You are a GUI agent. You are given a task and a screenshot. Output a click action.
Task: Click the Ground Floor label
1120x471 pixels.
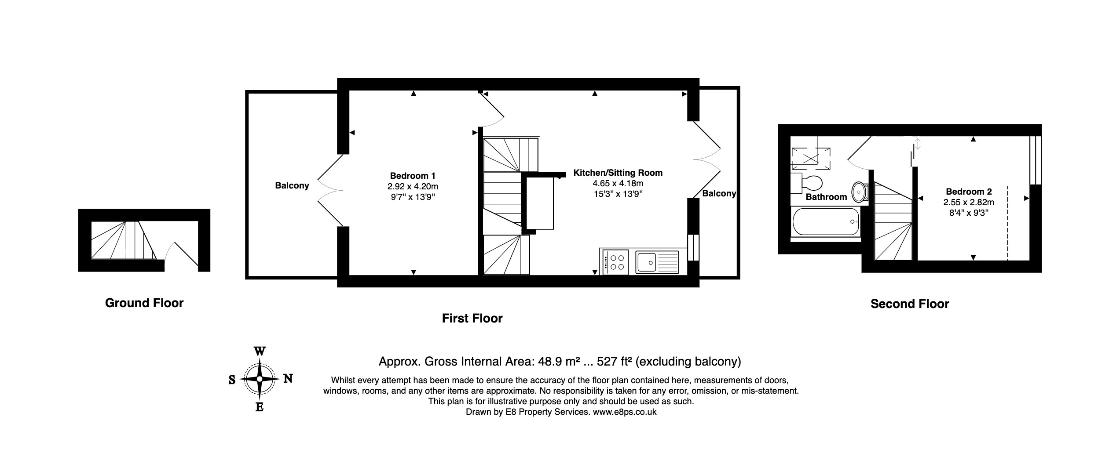tap(144, 303)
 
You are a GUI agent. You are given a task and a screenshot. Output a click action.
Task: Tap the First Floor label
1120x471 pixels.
tap(472, 318)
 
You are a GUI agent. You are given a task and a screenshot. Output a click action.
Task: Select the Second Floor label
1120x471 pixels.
tap(910, 304)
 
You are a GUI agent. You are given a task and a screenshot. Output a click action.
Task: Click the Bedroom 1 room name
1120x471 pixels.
tap(413, 176)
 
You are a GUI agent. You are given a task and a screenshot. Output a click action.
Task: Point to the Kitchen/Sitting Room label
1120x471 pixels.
tap(618, 173)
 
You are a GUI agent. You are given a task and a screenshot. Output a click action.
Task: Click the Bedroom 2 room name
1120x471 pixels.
tap(969, 192)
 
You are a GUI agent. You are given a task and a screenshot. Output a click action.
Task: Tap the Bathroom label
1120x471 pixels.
tap(826, 197)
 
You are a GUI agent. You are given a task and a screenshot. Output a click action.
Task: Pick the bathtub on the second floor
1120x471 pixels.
tap(826, 222)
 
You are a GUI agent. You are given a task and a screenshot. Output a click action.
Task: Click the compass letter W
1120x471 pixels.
tap(260, 351)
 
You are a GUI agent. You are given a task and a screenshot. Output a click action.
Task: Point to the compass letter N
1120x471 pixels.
tap(288, 378)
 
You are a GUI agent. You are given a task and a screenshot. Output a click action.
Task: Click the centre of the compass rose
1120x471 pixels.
tap(260, 379)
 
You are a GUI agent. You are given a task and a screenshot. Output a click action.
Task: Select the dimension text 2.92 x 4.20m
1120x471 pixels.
tap(413, 187)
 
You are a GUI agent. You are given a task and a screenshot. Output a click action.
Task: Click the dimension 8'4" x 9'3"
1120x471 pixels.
tap(969, 213)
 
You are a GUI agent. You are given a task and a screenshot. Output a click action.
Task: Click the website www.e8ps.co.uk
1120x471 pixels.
tap(625, 412)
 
